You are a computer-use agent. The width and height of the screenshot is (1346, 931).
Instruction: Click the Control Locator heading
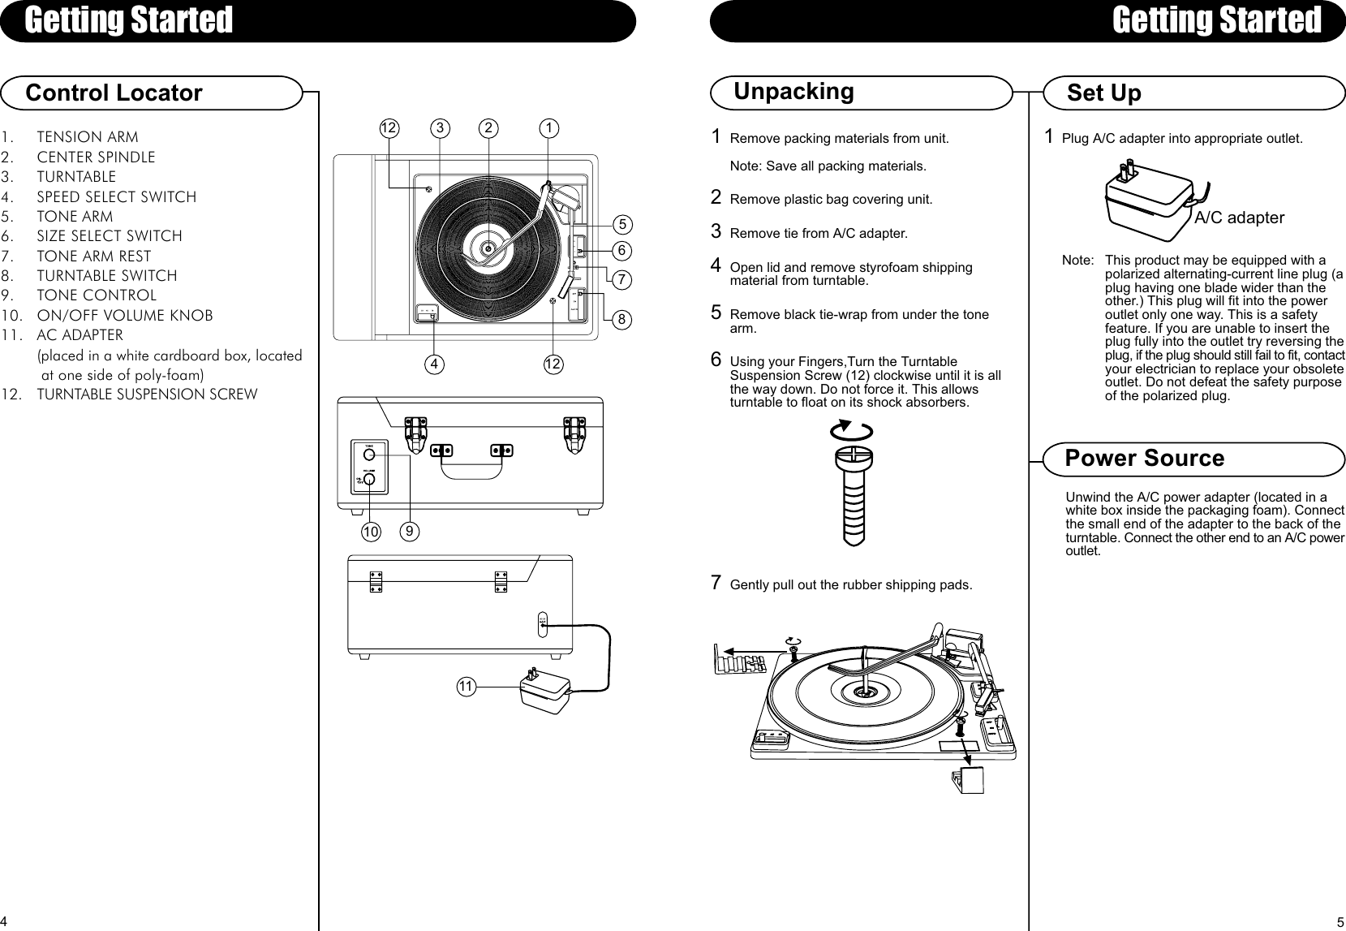(x=114, y=93)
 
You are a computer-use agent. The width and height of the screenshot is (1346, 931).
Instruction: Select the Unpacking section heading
(x=793, y=91)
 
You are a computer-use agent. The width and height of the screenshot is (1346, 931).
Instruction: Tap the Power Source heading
(x=1144, y=459)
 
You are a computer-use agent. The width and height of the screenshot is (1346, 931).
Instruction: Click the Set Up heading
(x=1103, y=93)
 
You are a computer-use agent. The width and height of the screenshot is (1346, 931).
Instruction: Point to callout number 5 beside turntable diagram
(x=622, y=223)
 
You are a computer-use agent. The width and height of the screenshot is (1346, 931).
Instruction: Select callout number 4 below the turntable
(x=436, y=364)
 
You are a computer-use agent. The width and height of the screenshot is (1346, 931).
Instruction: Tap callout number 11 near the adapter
(x=465, y=687)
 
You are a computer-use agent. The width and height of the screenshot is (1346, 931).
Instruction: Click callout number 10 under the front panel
(x=372, y=532)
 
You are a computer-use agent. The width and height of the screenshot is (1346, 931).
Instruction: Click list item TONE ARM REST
(x=93, y=256)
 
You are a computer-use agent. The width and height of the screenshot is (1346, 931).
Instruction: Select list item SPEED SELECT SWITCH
(x=116, y=196)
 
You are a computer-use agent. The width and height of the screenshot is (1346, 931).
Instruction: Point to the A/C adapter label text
(x=1239, y=218)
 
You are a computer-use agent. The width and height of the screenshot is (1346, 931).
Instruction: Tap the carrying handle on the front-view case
(x=471, y=463)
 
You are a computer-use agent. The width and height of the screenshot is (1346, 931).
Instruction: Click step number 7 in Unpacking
(x=716, y=582)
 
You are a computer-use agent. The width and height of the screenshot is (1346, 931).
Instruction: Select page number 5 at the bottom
(x=1339, y=921)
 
